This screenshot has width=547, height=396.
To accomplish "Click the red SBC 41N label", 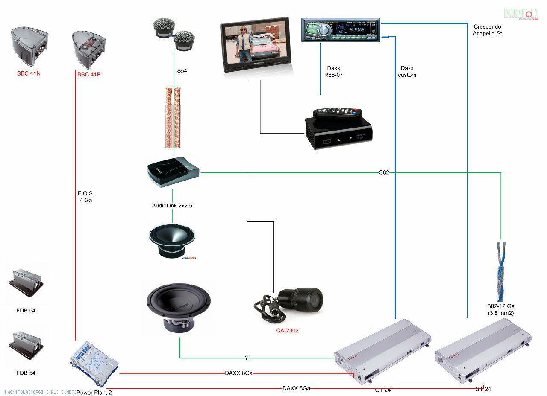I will click(29, 73).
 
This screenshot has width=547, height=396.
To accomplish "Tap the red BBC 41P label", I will click(89, 74).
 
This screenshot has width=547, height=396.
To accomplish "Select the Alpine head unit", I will click(341, 30).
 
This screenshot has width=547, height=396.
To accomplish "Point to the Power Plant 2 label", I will click(94, 392).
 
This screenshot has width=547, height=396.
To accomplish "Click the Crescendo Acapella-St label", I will click(488, 30).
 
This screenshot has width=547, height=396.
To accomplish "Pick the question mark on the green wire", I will click(246, 358).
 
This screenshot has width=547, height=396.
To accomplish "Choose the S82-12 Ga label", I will click(500, 309).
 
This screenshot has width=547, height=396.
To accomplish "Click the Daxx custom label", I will click(407, 72).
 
